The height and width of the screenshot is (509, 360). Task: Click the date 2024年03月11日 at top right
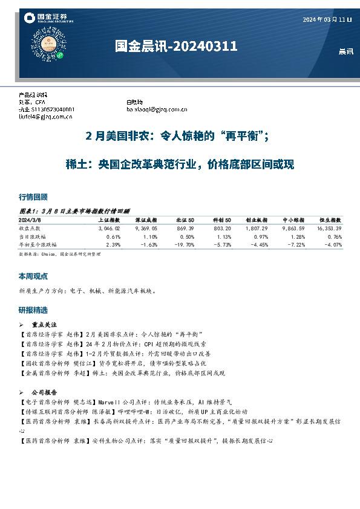pyautogui.click(x=327, y=20)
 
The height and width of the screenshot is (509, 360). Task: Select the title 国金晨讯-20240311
pyautogui.click(x=176, y=47)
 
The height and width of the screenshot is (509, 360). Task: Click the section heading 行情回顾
pyautogui.click(x=33, y=197)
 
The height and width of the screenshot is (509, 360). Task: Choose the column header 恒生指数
pyautogui.click(x=330, y=220)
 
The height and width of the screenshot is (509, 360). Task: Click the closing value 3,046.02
pyautogui.click(x=109, y=229)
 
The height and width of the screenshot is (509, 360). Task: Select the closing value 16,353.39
pyautogui.click(x=329, y=229)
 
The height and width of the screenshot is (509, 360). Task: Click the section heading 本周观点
pyautogui.click(x=33, y=276)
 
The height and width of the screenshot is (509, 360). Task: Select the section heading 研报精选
pyautogui.click(x=33, y=310)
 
